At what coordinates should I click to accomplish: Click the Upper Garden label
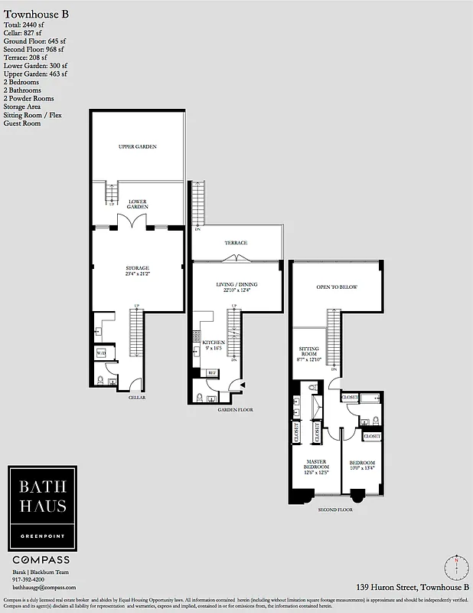138,146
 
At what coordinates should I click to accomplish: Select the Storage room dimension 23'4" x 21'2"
138,274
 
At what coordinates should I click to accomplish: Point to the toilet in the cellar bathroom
101,381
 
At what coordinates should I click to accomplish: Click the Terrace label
236,243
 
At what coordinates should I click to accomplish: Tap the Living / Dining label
237,284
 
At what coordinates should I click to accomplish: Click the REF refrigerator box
212,373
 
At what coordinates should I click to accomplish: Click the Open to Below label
337,287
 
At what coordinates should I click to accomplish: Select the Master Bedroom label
312,465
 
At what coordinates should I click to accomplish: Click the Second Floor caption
334,509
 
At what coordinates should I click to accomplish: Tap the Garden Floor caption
236,410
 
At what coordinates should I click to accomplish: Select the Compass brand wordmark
42,560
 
